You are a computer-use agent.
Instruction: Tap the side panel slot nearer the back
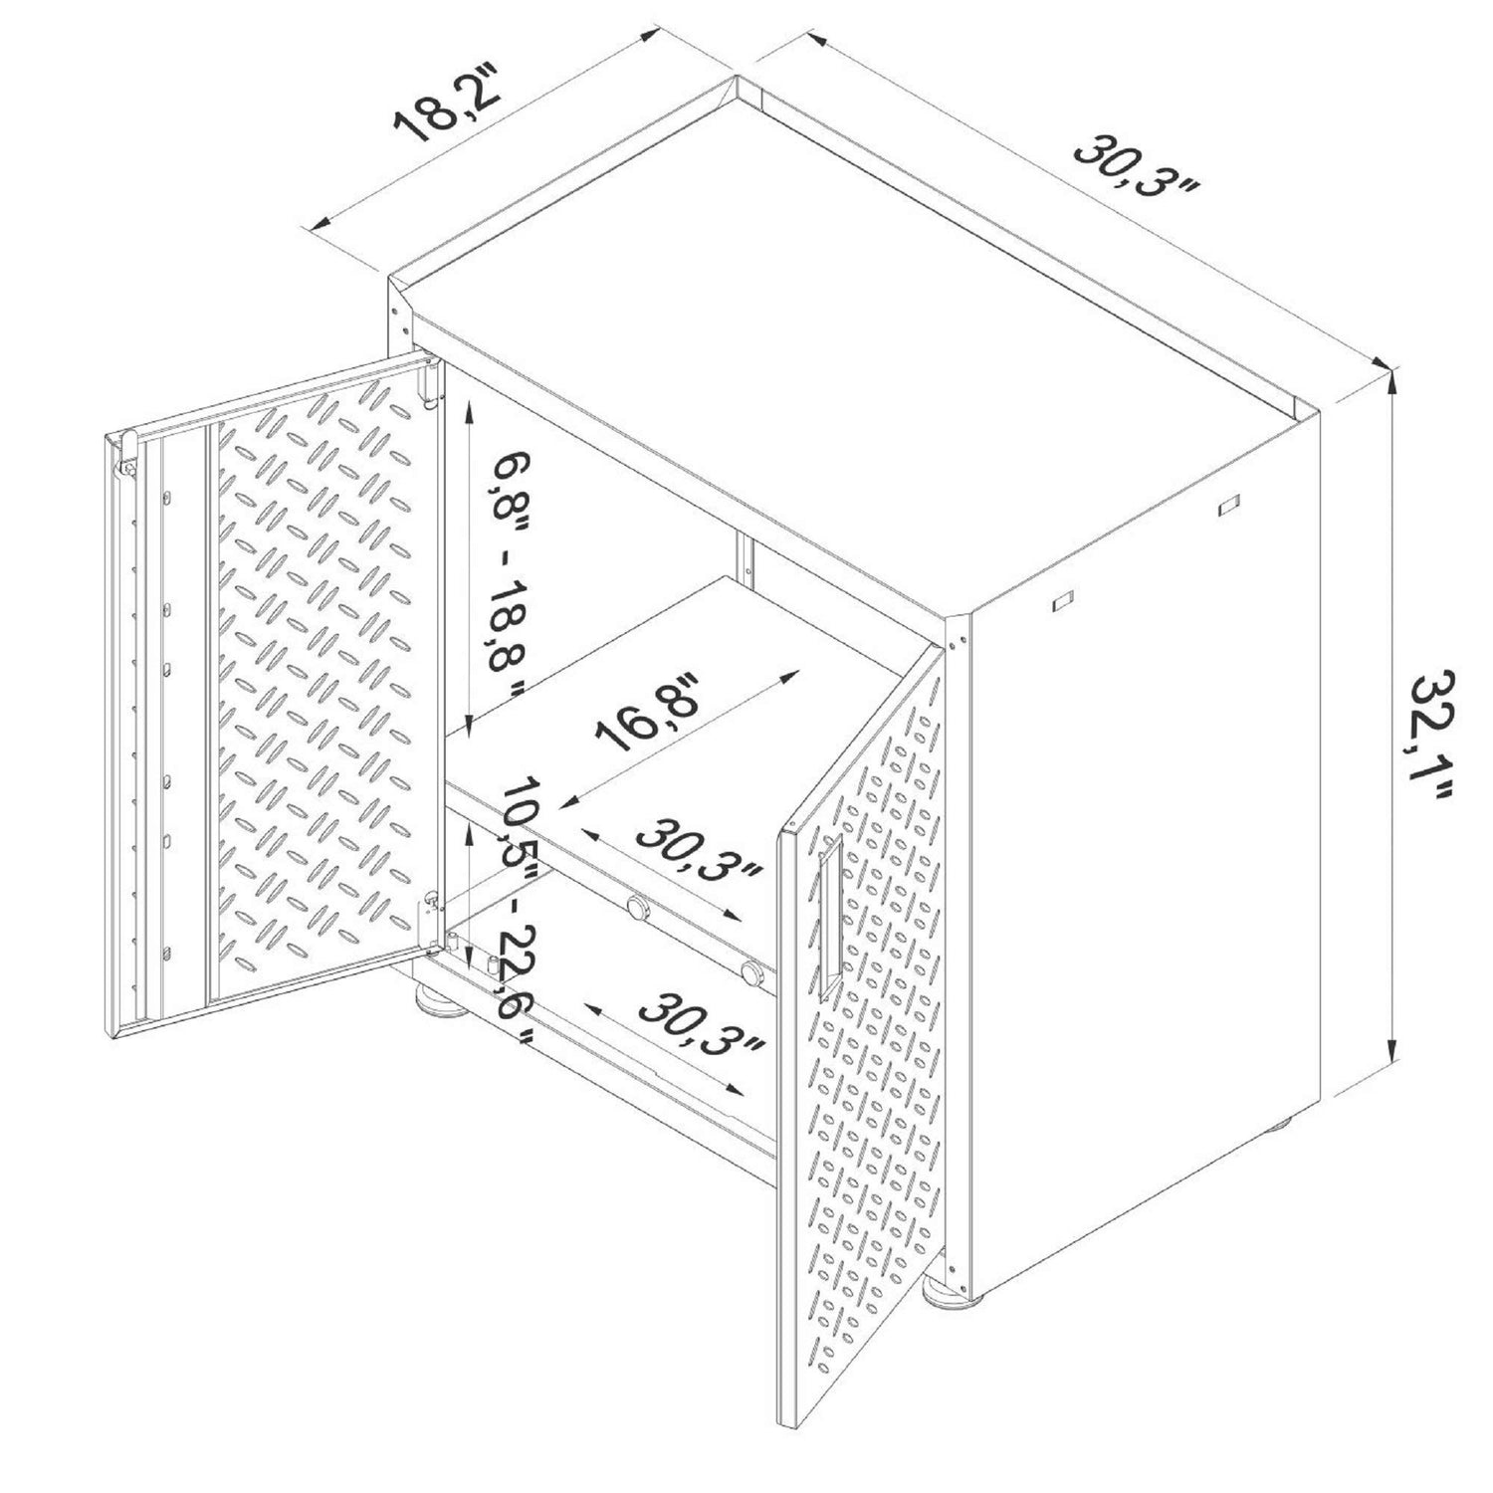(x=1227, y=505)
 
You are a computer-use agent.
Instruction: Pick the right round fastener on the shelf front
(x=753, y=971)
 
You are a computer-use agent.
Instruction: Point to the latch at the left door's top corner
(x=127, y=449)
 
